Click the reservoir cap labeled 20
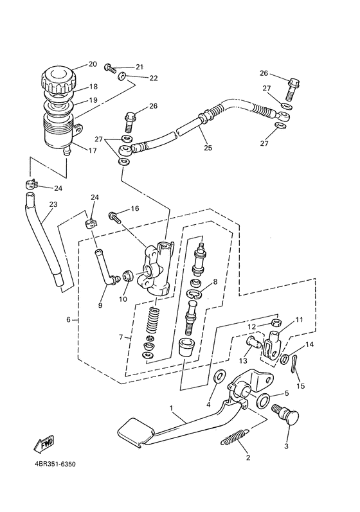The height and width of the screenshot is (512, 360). [x=59, y=80]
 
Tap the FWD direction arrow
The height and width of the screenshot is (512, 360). [x=45, y=444]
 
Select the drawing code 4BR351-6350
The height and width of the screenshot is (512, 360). [x=55, y=464]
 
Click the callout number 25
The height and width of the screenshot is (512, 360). [x=208, y=148]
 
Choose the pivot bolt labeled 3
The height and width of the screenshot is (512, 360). [x=286, y=414]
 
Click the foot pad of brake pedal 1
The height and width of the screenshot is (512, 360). [x=136, y=431]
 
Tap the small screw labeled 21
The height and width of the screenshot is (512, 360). [x=111, y=69]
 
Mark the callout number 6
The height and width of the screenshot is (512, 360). [x=68, y=320]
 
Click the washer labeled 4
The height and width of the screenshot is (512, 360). [x=218, y=376]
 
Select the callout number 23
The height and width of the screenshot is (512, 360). [x=53, y=204]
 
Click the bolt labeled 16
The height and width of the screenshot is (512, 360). [x=114, y=218]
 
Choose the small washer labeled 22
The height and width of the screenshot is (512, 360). [x=122, y=76]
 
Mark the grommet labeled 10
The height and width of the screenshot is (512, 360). [x=127, y=276]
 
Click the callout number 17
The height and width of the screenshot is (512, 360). [x=93, y=151]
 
